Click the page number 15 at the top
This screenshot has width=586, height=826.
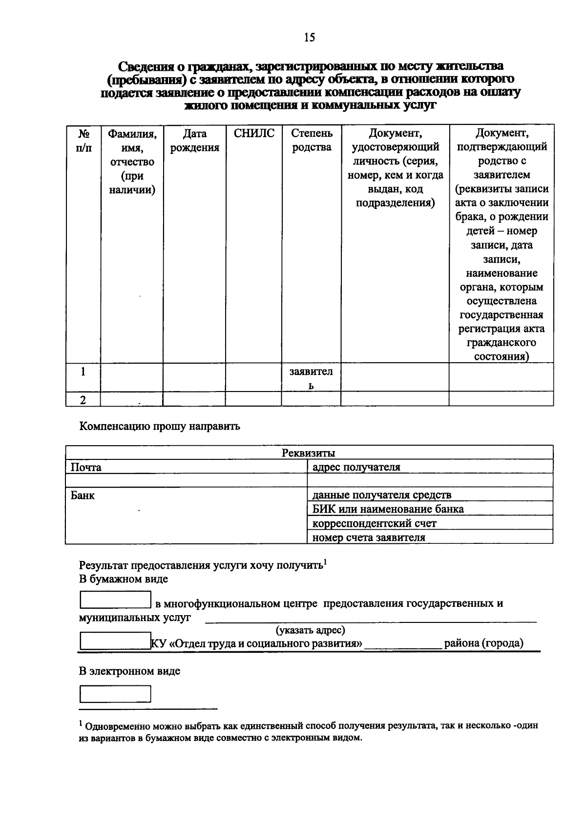pyautogui.click(x=310, y=38)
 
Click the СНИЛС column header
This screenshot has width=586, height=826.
pyautogui.click(x=254, y=134)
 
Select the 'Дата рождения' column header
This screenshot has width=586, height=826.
pyautogui.click(x=194, y=141)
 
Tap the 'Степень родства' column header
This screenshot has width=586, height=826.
pyautogui.click(x=312, y=141)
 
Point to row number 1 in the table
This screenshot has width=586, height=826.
pyautogui.click(x=83, y=372)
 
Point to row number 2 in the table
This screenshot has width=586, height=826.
pyautogui.click(x=83, y=400)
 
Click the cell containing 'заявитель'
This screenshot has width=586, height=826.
pyautogui.click(x=311, y=378)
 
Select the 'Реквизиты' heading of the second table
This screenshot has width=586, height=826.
pyautogui.click(x=309, y=453)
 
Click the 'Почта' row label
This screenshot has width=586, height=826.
pyautogui.click(x=86, y=467)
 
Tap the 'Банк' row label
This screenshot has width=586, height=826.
pyautogui.click(x=83, y=496)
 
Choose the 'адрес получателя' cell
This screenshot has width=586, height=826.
pyautogui.click(x=356, y=467)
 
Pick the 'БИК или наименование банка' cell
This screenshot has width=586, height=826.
pyautogui.click(x=388, y=509)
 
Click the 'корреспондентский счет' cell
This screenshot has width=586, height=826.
pyautogui.click(x=374, y=523)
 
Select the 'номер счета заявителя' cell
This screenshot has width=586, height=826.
pyautogui.click(x=369, y=537)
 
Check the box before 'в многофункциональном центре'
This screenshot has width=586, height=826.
pyautogui.click(x=115, y=600)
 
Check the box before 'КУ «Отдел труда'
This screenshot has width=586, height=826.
pyautogui.click(x=115, y=640)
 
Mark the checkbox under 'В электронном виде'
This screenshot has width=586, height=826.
pyautogui.click(x=115, y=694)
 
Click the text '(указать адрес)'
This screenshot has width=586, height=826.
pyautogui.click(x=310, y=630)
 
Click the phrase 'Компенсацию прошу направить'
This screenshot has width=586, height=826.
pyautogui.click(x=160, y=426)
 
